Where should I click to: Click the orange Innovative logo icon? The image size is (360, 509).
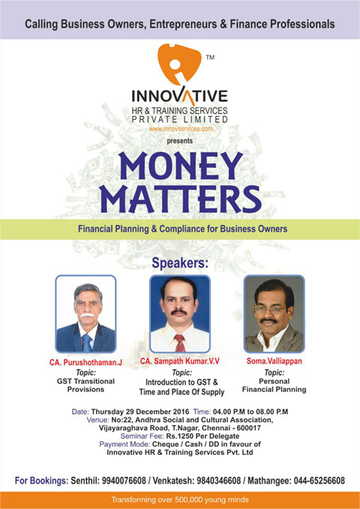point(178,64)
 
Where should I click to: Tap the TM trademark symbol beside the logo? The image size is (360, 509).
point(210,58)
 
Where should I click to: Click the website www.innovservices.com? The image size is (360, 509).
point(181,129)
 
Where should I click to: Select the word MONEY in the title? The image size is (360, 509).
point(181,166)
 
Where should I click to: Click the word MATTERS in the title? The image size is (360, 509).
point(180,199)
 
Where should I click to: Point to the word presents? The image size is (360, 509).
point(180,141)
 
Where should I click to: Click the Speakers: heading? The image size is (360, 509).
point(180,263)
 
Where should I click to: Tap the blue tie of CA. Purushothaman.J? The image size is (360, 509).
point(87,343)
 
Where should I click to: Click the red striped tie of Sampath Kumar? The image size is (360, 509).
point(180,343)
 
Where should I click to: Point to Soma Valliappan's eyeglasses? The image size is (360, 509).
point(270,309)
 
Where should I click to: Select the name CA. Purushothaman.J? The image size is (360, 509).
point(85,362)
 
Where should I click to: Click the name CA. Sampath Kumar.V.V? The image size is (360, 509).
point(180,361)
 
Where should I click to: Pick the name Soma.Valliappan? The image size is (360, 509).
point(274,361)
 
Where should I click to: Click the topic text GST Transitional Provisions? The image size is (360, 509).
point(85,385)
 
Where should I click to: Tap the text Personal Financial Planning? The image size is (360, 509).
point(274,385)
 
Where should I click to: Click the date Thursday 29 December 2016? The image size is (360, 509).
point(140,412)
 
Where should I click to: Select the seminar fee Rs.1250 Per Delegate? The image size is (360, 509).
point(202,436)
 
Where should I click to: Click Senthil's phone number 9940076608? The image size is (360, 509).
point(124,481)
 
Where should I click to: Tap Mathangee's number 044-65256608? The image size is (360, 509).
point(319,481)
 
